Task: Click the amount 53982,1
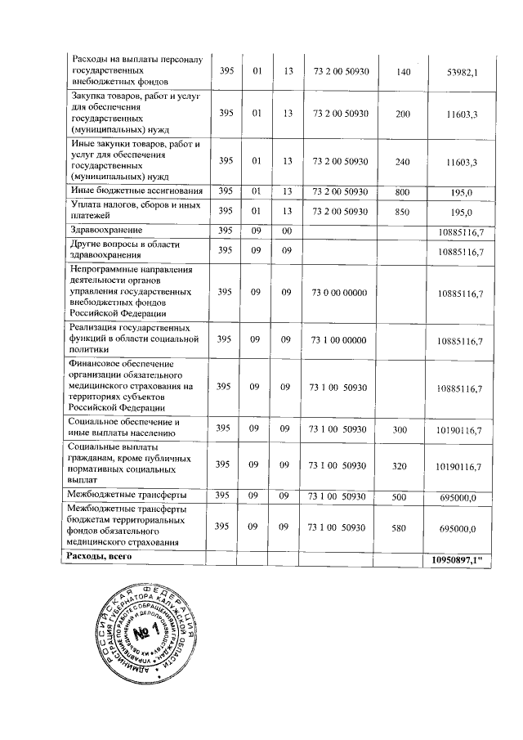coord(462,73)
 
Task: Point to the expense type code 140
coord(402,72)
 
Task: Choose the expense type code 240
coord(402,162)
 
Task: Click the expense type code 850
coord(402,212)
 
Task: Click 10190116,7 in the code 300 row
coord(459,429)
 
